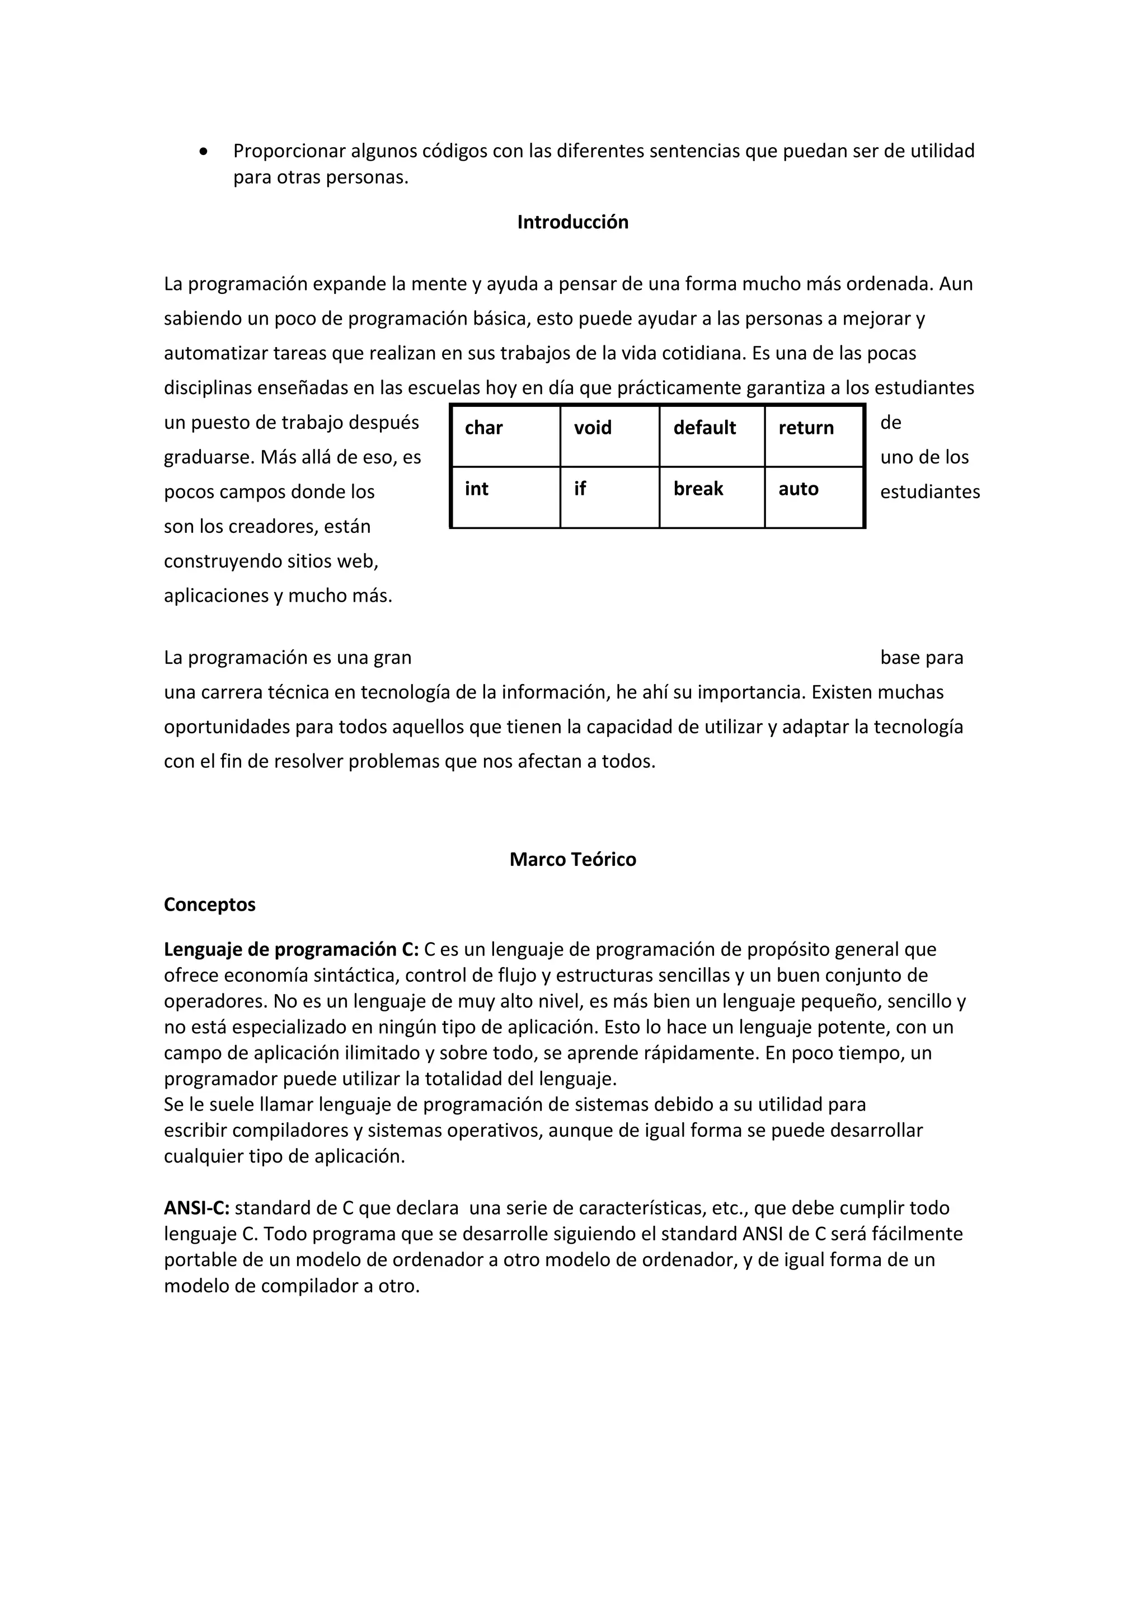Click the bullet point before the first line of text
pyautogui.click(x=204, y=152)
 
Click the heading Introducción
pyautogui.click(x=572, y=222)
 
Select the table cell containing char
pyautogui.click(x=505, y=435)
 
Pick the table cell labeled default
pyautogui.click(x=711, y=435)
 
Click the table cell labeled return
pyautogui.click(x=814, y=435)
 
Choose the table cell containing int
pyautogui.click(x=505, y=497)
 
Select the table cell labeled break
pyautogui.click(x=711, y=497)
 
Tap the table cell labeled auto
pyautogui.click(x=814, y=497)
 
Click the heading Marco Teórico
pyautogui.click(x=572, y=859)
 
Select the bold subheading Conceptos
pyautogui.click(x=210, y=905)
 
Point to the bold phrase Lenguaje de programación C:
pyautogui.click(x=291, y=949)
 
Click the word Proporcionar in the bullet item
pyautogui.click(x=289, y=151)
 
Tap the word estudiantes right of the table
pyautogui.click(x=929, y=492)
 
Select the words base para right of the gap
pyautogui.click(x=921, y=658)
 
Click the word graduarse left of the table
pyautogui.click(x=208, y=457)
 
